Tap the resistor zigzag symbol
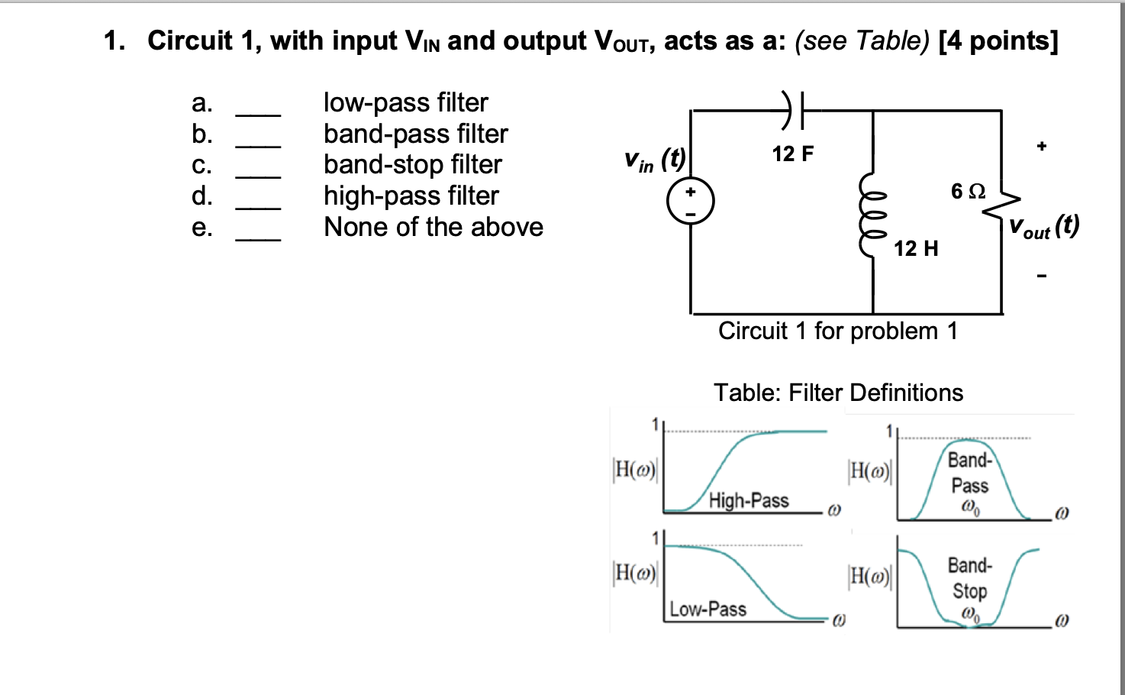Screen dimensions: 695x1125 (1006, 202)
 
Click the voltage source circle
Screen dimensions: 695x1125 (691, 202)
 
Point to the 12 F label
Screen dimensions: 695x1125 (792, 154)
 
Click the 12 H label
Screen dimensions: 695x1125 (916, 248)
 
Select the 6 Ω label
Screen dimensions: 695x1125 (968, 191)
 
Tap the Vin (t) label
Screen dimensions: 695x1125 (655, 160)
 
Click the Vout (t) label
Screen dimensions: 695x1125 (1043, 227)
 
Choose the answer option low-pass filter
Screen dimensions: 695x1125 (405, 102)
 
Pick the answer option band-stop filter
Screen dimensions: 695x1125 (412, 164)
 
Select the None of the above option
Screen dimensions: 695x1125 (433, 227)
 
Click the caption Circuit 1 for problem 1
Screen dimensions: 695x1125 (837, 331)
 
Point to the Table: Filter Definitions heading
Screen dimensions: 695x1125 (838, 393)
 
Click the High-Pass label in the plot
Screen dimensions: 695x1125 (748, 500)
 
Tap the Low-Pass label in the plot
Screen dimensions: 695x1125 (708, 609)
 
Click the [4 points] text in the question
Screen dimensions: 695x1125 (998, 40)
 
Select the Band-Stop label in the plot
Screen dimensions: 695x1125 (969, 578)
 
